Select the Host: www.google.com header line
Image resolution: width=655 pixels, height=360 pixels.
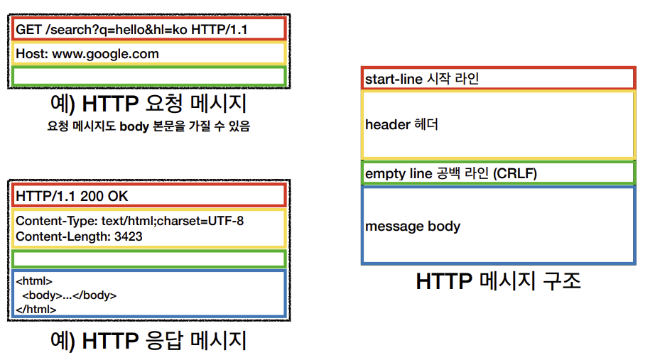coord(87,54)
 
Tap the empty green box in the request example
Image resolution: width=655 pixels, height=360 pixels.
coord(148,76)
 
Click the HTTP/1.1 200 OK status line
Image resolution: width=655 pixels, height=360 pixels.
coord(72,196)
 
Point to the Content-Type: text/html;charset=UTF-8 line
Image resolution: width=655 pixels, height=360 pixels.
coord(130,221)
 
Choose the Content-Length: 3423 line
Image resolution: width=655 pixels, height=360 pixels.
coord(79,236)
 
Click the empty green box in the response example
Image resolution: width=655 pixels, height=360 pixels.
coord(148,258)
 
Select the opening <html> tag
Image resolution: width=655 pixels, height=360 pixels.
coord(34,280)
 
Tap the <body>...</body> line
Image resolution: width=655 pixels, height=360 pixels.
coord(69,295)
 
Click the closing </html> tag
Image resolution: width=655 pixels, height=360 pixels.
coord(36,309)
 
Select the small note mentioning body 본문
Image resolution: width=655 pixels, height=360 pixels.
coord(148,128)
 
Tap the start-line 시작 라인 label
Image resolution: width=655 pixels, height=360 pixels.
coord(422,79)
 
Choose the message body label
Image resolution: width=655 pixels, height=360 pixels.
coord(413,227)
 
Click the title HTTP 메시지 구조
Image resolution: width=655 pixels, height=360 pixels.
coord(498,282)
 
